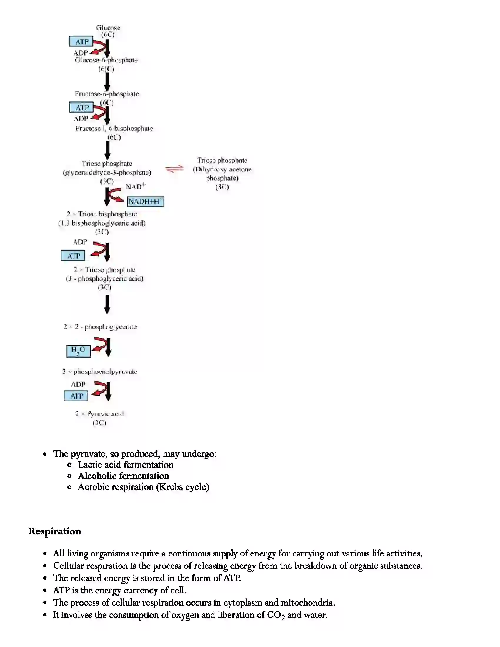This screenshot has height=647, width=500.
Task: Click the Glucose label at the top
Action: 108,28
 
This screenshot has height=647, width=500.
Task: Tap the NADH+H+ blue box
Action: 145,201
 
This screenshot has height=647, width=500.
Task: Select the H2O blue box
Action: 78,351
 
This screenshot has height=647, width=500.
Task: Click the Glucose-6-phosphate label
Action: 106,60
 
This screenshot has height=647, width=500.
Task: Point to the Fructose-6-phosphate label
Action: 107,94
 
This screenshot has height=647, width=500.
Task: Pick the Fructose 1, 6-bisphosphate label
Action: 114,129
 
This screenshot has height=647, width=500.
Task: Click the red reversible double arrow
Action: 174,169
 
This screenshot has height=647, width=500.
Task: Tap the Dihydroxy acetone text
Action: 222,169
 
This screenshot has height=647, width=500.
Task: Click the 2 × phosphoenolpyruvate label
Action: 100,371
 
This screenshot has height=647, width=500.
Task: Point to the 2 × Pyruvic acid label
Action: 99,414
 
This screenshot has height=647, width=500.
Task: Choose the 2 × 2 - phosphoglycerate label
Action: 100,327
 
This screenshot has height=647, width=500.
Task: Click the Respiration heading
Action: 55,531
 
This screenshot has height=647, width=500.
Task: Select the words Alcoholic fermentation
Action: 123,476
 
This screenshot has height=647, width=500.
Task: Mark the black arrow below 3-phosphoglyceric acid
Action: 107,305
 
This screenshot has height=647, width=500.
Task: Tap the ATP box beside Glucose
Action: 81,42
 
